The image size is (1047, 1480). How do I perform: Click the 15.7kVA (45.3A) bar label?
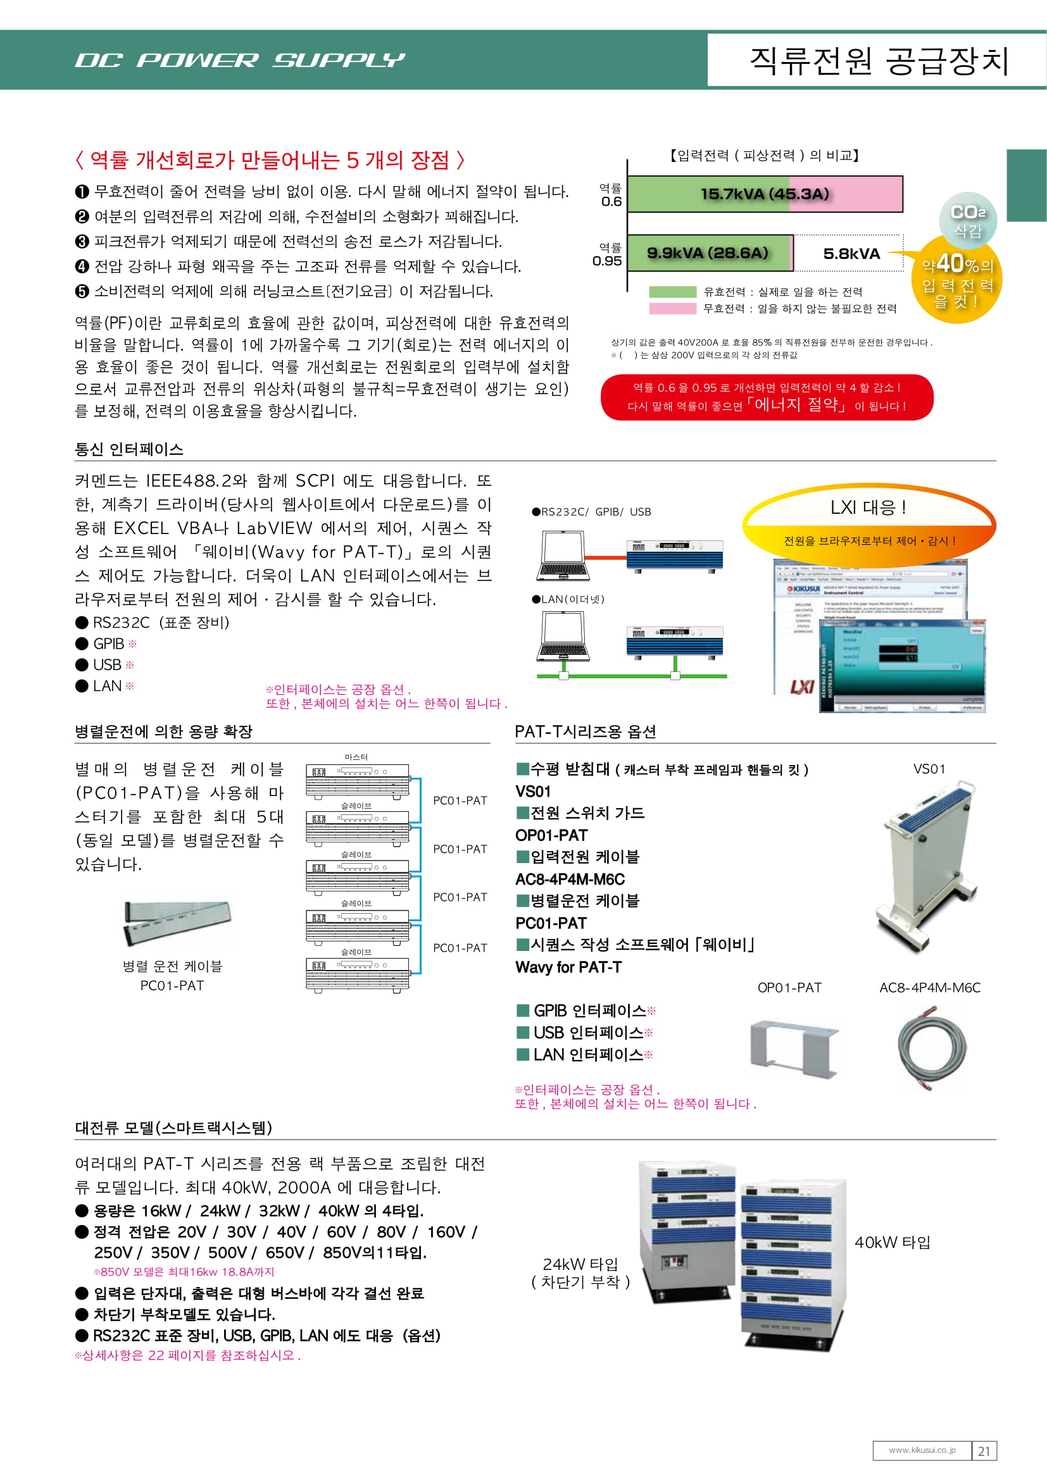pyautogui.click(x=765, y=194)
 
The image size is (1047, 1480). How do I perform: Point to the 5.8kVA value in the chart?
pyautogui.click(x=851, y=254)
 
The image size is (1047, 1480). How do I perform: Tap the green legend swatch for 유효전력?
pyautogui.click(x=672, y=292)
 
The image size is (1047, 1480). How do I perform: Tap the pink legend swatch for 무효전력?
pyautogui.click(x=672, y=309)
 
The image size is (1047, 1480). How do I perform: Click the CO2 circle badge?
pyautogui.click(x=968, y=220)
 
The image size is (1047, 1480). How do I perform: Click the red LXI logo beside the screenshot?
pyautogui.click(x=801, y=687)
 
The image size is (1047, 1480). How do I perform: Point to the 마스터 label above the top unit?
pyautogui.click(x=356, y=757)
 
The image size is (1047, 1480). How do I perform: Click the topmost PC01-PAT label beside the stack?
pyautogui.click(x=460, y=800)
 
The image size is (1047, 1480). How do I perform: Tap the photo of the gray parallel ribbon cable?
pyautogui.click(x=176, y=923)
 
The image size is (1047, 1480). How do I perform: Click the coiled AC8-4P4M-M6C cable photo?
pyautogui.click(x=931, y=1048)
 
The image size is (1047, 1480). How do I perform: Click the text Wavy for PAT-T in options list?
pyautogui.click(x=568, y=967)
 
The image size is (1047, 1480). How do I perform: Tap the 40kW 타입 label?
pyautogui.click(x=892, y=1242)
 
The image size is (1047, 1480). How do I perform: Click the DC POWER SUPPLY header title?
pyautogui.click(x=240, y=61)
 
